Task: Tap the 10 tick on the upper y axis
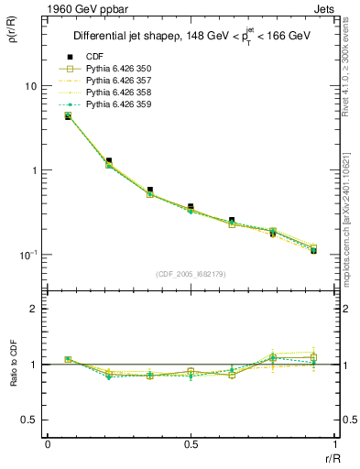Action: point(29,86)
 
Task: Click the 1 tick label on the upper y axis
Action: point(33,170)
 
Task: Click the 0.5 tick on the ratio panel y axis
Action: point(27,420)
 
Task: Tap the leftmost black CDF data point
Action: point(68,115)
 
